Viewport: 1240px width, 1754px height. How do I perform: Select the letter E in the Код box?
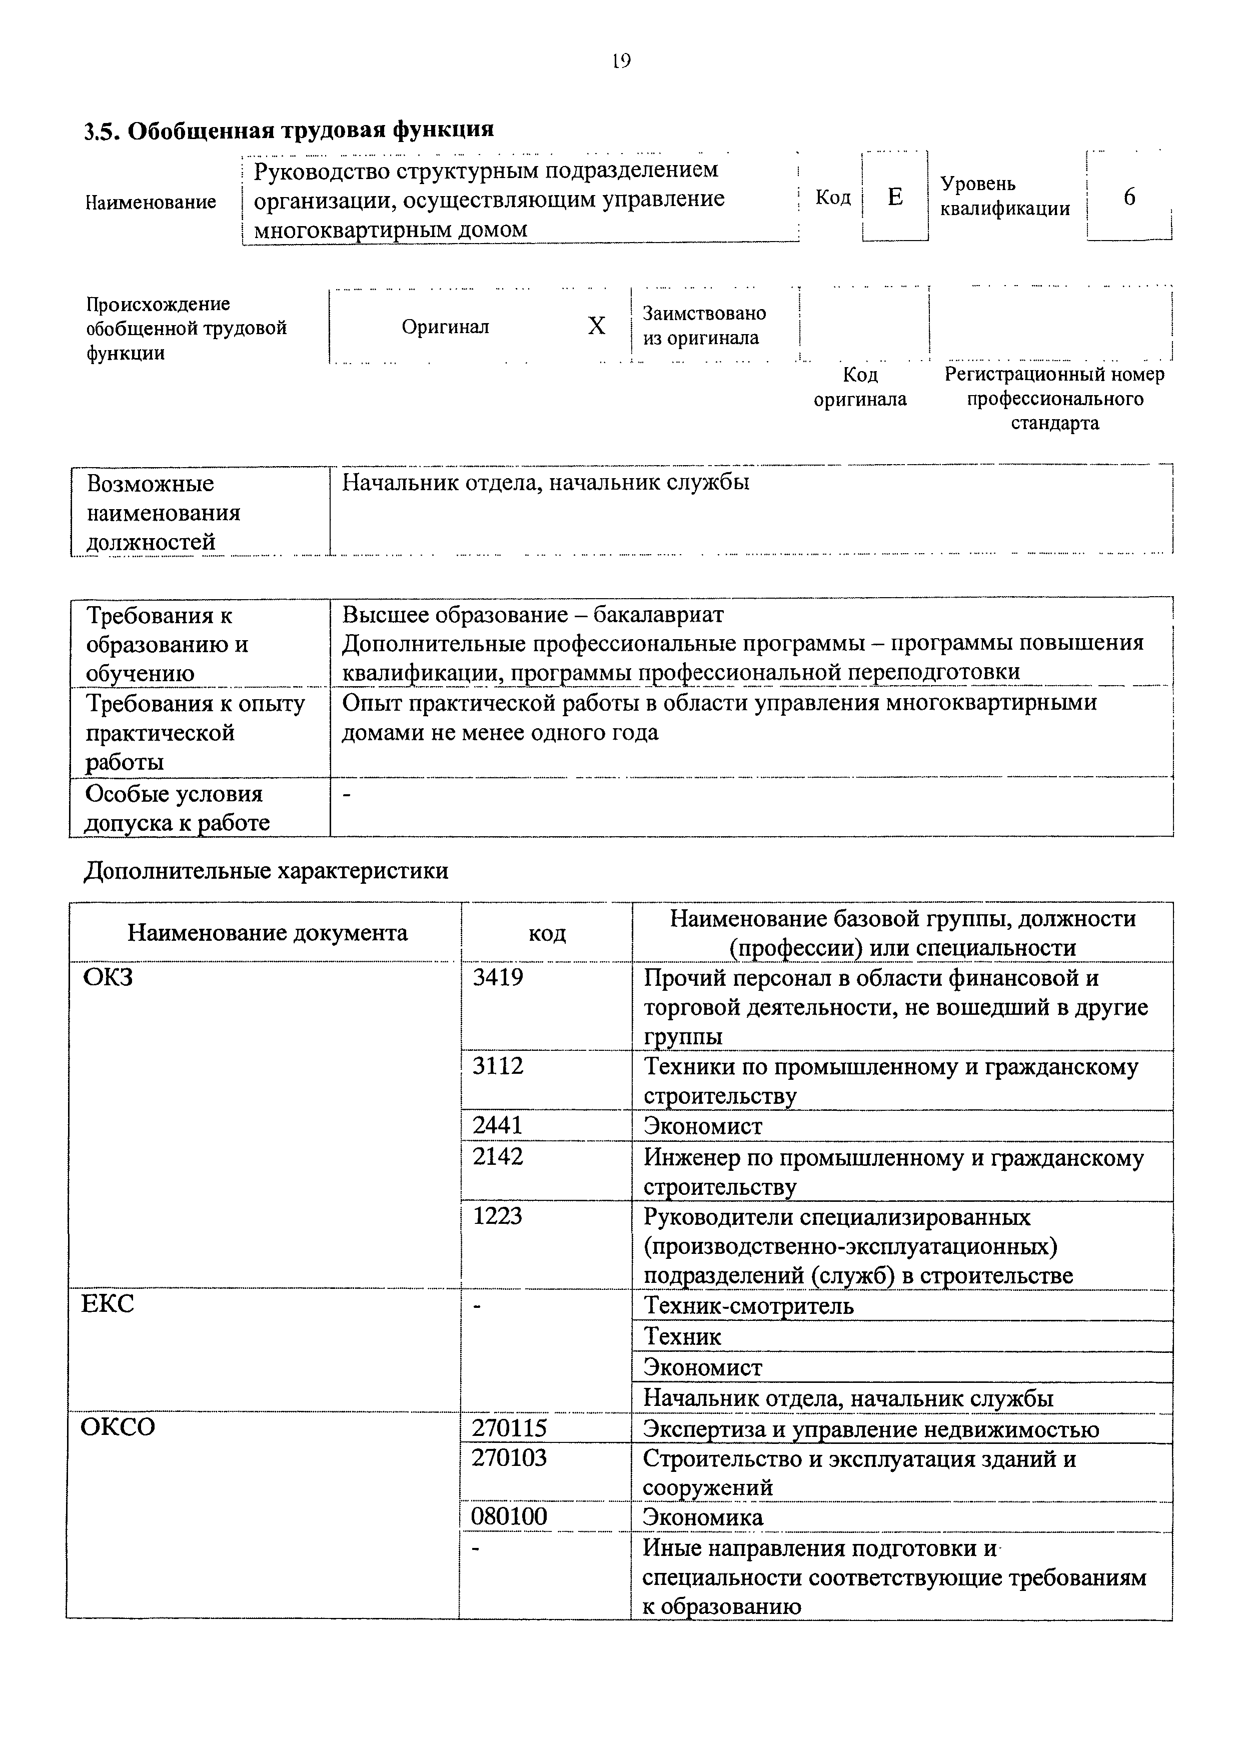895,197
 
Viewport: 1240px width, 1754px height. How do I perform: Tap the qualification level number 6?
1129,197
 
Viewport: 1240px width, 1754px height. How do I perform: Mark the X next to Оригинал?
596,326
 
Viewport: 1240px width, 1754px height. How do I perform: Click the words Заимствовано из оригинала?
704,326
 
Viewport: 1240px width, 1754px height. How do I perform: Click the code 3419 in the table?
498,977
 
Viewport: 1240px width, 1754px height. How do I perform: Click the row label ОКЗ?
108,977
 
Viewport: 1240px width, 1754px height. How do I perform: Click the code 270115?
509,1428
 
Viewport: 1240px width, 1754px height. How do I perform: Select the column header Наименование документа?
268,933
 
